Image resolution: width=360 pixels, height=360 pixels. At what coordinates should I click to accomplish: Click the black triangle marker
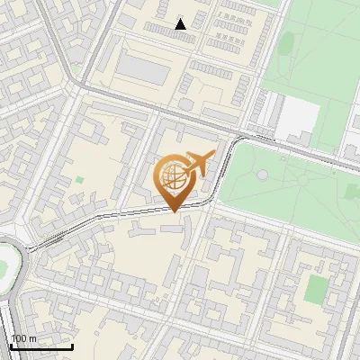(181, 24)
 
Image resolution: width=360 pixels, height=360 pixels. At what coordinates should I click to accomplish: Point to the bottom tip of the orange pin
(173, 211)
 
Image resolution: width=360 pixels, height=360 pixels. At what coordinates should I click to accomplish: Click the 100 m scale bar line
(41, 346)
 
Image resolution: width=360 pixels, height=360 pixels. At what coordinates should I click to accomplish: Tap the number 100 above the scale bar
(20, 338)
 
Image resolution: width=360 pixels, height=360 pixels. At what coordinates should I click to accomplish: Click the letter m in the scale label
(33, 338)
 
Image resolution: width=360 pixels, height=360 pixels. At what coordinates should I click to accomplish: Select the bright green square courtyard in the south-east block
(316, 289)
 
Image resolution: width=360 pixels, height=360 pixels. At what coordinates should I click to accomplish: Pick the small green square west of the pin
(79, 181)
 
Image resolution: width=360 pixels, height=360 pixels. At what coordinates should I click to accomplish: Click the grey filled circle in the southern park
(262, 174)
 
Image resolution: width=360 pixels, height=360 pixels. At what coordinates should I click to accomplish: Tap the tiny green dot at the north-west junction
(78, 68)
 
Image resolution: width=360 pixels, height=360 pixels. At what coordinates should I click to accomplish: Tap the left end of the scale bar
(11, 346)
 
